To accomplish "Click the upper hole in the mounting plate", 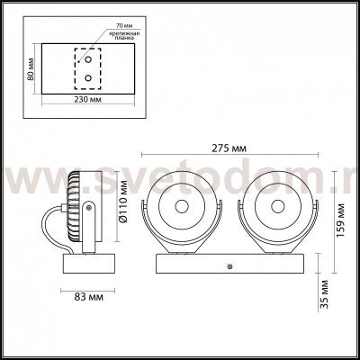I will tap(88, 60).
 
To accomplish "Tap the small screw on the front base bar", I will tap(231, 266).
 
